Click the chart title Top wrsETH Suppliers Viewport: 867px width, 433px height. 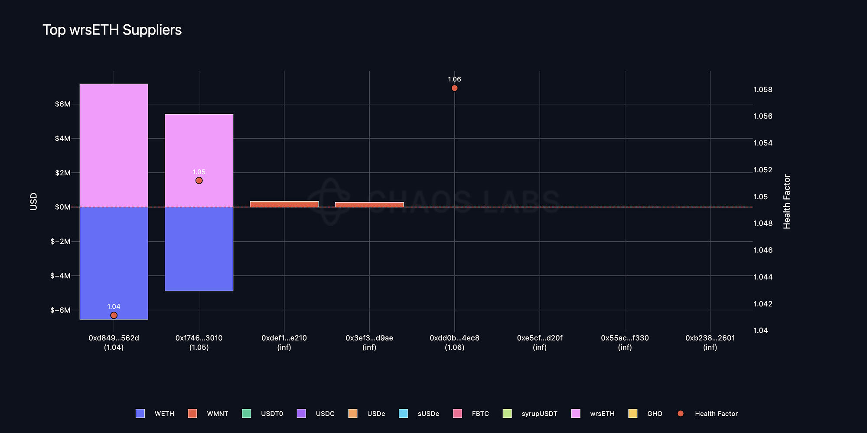tap(112, 30)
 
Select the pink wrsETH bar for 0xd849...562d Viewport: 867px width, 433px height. tap(114, 145)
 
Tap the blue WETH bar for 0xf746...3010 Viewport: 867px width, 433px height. tap(199, 249)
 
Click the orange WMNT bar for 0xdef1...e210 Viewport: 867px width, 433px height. tap(284, 204)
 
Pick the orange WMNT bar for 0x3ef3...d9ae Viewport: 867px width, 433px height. tap(369, 204)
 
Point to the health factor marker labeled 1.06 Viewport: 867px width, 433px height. tap(454, 88)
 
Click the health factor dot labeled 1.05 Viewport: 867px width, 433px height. tap(199, 181)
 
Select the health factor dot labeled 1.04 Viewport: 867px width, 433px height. tap(114, 315)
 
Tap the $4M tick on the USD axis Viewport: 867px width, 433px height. tap(62, 139)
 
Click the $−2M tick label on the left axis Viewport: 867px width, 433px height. tap(60, 241)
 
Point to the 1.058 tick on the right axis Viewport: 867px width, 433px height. tap(763, 90)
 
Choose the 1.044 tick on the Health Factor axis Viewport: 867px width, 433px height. tap(763, 277)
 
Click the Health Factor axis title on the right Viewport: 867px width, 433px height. tap(787, 201)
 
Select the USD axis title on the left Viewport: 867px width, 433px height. tap(34, 202)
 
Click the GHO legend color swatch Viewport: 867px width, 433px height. tap(632, 414)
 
